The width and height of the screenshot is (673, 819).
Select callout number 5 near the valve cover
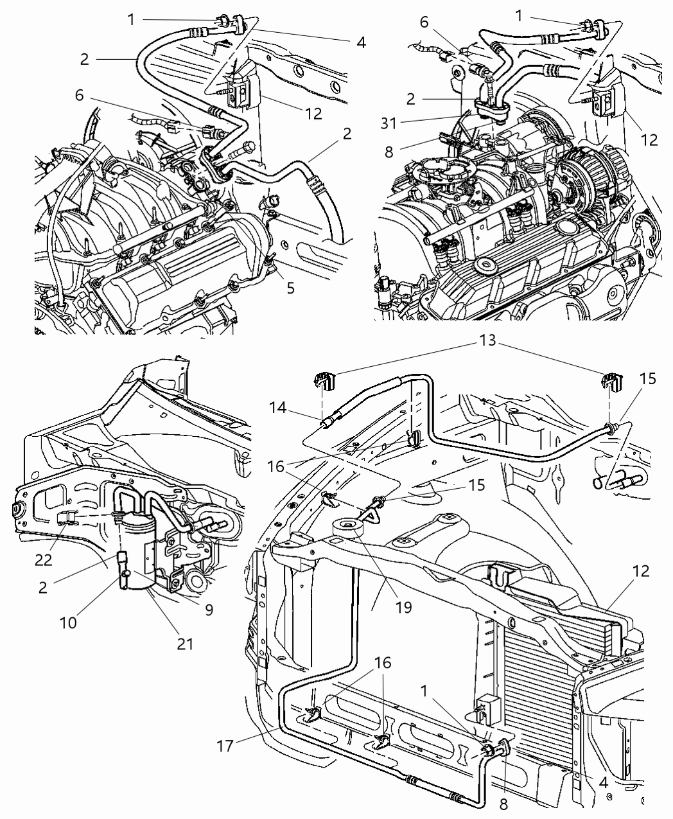point(290,288)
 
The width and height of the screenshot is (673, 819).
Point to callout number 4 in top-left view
point(361,42)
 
